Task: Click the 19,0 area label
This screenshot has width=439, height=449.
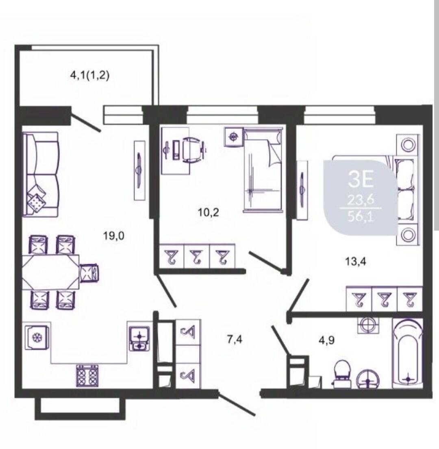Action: pos(114,236)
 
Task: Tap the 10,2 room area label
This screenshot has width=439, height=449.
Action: pos(209,212)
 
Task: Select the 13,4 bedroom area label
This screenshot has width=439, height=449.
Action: pos(356,262)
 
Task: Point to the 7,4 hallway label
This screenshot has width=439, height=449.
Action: pos(235,340)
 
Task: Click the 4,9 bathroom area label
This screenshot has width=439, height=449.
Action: pos(327,340)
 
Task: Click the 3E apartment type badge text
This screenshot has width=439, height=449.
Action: pos(361,179)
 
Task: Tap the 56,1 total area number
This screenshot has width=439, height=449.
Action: pos(361,217)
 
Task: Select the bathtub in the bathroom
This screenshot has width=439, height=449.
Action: pos(408,353)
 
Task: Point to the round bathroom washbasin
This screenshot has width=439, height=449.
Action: pos(368,379)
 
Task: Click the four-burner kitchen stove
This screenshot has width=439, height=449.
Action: pos(87,375)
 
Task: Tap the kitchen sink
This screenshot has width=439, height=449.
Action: pos(139,338)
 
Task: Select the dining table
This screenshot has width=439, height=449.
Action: pos(51,272)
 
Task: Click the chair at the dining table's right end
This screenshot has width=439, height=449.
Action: pos(89,273)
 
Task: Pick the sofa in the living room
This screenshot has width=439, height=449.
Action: pos(41,174)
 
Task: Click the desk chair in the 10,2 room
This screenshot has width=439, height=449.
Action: pos(193,150)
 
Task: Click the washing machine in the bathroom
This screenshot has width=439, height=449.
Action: pos(368,325)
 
